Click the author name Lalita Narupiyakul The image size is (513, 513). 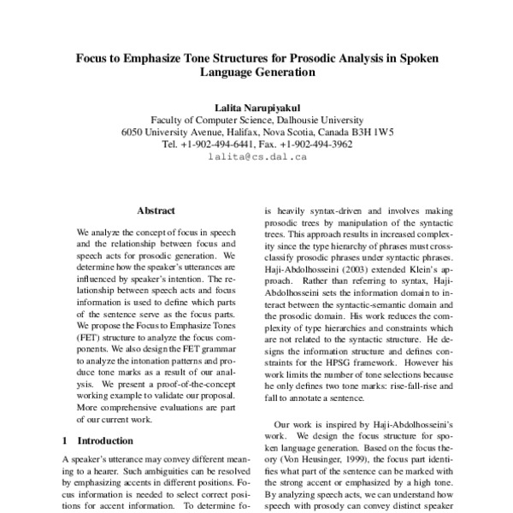(256, 106)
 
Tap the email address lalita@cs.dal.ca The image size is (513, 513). (256, 158)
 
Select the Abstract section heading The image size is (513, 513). (156, 209)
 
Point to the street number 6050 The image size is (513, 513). (135, 133)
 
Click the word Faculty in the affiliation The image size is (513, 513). (169, 120)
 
